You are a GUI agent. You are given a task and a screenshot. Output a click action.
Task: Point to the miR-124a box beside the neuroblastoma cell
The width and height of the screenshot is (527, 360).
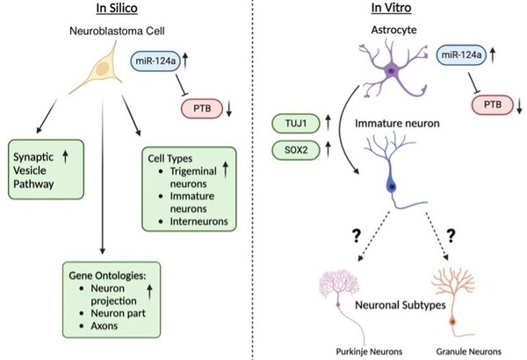[159, 60]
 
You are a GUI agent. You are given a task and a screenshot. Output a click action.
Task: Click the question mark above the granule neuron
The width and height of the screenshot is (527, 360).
[454, 235]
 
